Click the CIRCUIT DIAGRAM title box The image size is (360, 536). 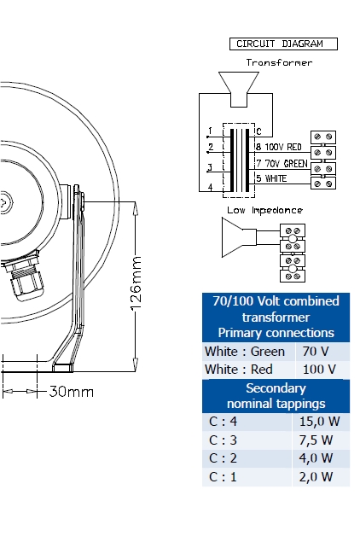[283, 44]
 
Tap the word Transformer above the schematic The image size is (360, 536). [279, 62]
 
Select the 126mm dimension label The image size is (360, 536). [136, 283]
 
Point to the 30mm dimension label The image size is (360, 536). [72, 392]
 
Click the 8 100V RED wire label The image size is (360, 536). [279, 147]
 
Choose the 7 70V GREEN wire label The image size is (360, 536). [282, 164]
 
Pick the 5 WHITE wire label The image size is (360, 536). [271, 178]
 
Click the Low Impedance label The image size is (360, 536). [264, 210]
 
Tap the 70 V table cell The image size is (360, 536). [316, 352]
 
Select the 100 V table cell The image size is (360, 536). [319, 370]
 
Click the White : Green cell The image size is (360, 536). [245, 352]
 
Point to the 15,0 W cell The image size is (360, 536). [319, 422]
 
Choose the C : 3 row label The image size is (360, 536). [223, 440]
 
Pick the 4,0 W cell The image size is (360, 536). [316, 458]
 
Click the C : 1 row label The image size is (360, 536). [223, 477]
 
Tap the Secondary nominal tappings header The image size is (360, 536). [276, 396]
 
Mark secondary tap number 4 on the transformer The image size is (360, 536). [211, 187]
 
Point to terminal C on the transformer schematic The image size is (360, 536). [258, 131]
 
